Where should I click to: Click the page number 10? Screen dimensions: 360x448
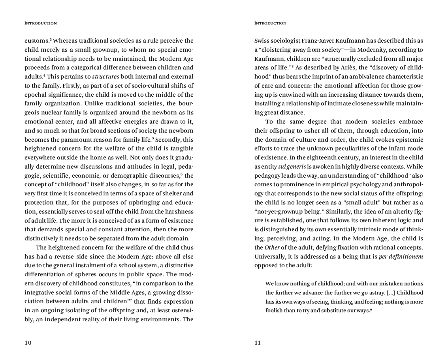(28, 343)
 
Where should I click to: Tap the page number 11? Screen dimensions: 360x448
(258, 343)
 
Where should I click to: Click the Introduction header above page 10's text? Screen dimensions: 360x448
(41, 23)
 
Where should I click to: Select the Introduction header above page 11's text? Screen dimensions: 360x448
(270, 23)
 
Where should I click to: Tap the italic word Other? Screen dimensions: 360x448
(272, 247)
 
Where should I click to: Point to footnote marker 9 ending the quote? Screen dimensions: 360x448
(371, 309)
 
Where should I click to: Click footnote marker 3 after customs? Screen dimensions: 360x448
(51, 39)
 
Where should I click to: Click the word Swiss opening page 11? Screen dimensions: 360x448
(262, 41)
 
